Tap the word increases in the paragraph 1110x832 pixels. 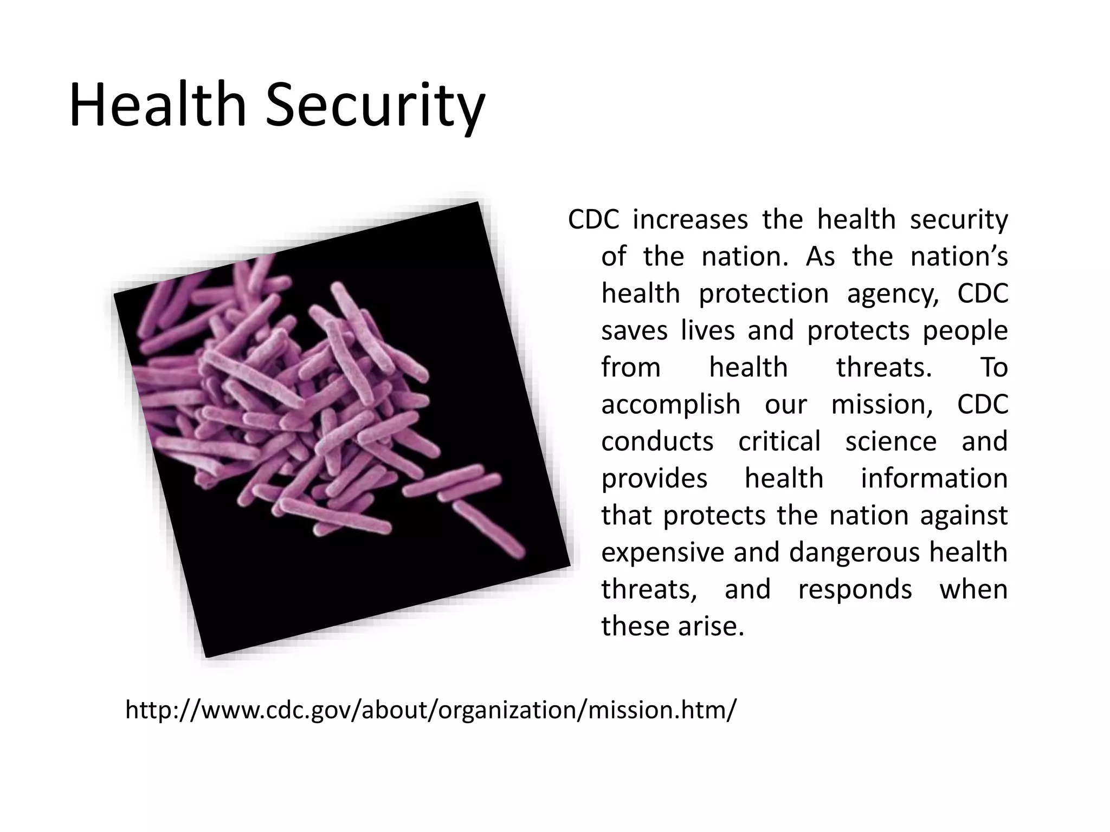point(690,219)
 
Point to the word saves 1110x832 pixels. point(634,330)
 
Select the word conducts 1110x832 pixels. point(657,441)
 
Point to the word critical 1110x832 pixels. point(779,441)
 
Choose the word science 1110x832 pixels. point(890,441)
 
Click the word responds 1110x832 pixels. point(855,589)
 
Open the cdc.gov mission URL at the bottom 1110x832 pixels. point(431,710)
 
